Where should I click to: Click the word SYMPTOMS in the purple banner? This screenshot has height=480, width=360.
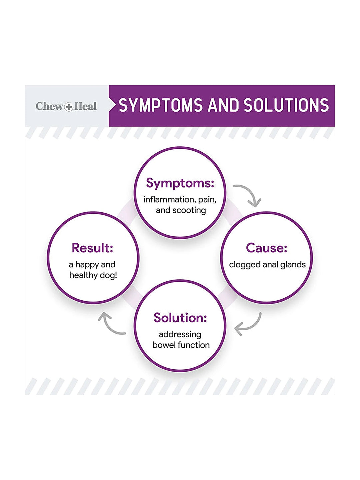point(161,105)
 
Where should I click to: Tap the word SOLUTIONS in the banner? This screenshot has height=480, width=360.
point(286,105)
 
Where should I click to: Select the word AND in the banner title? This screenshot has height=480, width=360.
point(223,105)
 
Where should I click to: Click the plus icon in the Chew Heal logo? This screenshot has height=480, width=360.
point(69,107)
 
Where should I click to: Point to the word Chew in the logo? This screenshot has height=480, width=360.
point(50,106)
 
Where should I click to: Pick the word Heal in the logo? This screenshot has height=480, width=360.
point(85,106)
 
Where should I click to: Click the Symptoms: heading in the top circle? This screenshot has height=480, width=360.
point(180,183)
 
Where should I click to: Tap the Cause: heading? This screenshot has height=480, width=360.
point(266,248)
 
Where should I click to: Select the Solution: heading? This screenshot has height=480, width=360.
point(180,318)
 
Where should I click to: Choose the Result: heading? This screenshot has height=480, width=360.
point(92,248)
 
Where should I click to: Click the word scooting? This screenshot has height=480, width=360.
point(189,210)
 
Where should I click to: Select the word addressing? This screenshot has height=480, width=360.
point(180,335)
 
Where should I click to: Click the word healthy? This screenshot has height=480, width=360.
point(83,275)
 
